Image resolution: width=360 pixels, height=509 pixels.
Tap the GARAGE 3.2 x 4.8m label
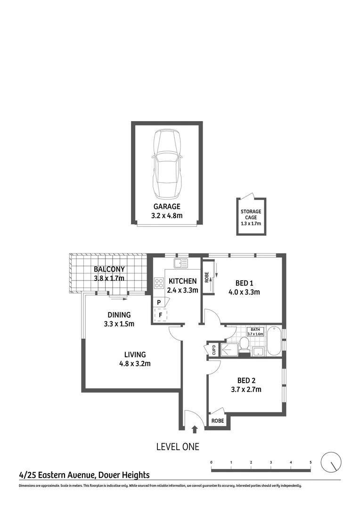167,211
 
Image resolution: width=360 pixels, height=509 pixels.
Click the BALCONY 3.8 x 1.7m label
109,274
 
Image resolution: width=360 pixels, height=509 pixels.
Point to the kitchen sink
180,263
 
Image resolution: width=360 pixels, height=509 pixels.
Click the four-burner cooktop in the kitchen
159,283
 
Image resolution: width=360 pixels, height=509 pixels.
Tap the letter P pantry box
159,302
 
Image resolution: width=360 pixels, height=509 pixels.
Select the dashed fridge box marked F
160,314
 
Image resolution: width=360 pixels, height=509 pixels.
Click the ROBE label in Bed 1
206,277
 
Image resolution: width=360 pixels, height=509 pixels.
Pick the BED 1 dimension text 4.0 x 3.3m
245,292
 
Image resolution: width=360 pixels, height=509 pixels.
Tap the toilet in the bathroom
244,343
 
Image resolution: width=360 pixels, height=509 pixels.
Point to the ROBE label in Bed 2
217,421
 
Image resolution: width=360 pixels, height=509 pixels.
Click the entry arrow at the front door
195,429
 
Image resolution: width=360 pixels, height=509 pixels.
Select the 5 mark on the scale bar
311,462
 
